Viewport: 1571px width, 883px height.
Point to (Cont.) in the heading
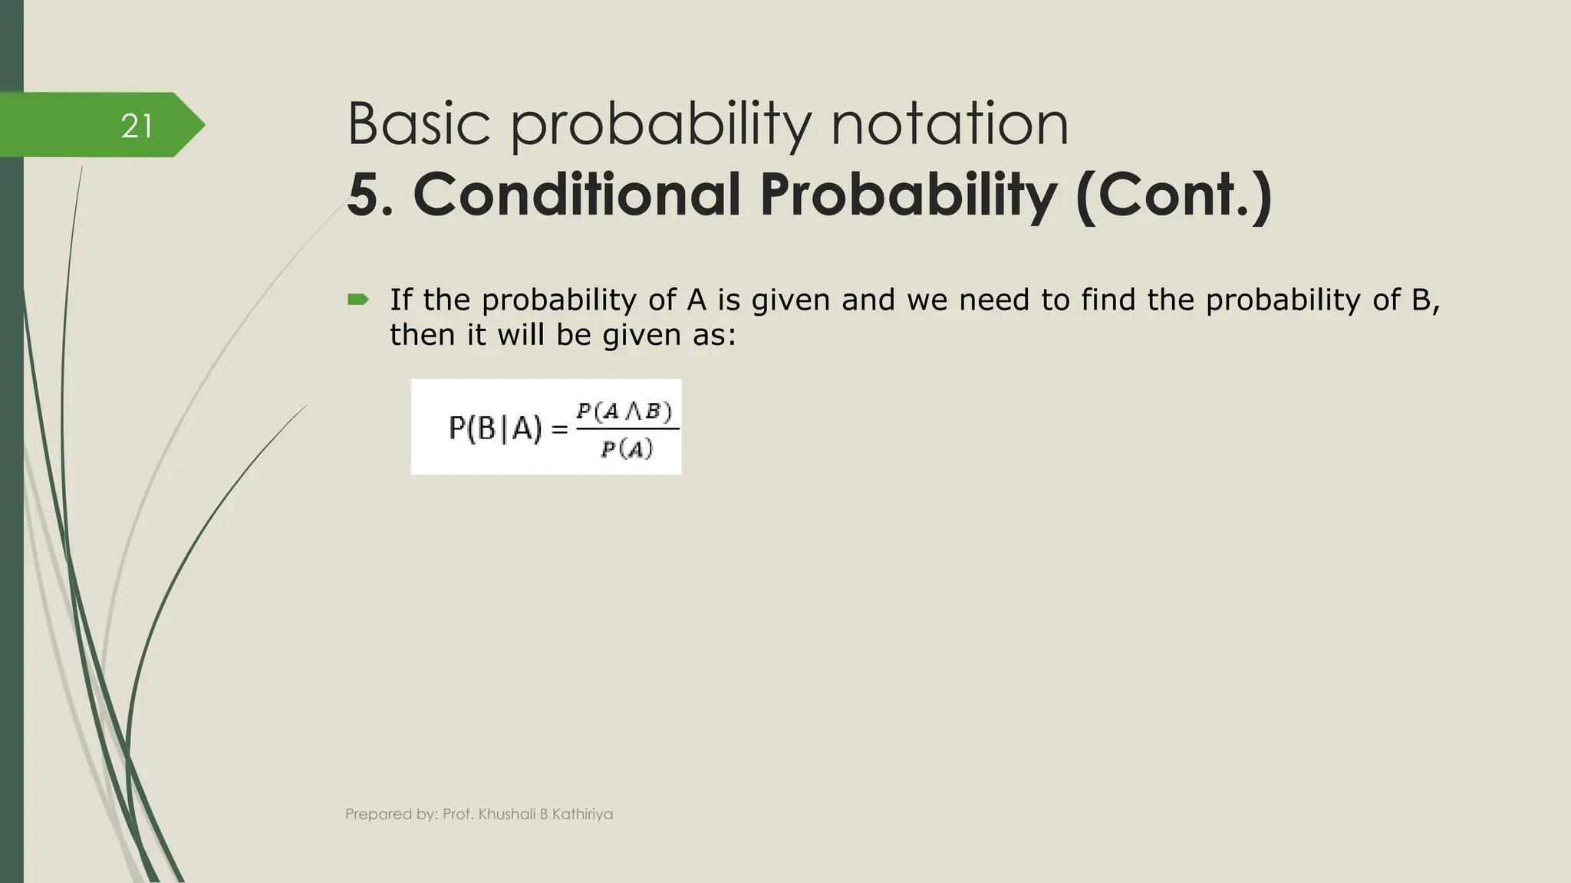pos(1174,196)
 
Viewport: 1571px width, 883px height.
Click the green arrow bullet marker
pos(357,300)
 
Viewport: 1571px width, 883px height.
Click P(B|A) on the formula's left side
pos(495,428)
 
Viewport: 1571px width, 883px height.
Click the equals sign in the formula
pos(560,430)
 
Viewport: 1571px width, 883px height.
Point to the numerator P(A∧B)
pos(624,412)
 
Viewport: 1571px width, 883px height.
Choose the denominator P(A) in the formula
pos(627,448)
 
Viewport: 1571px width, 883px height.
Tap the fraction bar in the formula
pos(627,429)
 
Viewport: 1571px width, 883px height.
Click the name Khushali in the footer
pos(506,814)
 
